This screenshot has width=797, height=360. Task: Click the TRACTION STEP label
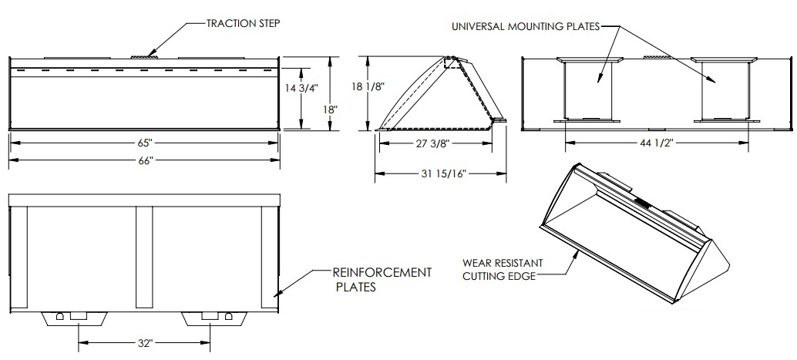click(x=242, y=23)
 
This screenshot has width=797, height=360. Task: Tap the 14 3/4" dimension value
click(x=301, y=88)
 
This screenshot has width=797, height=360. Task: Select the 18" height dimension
click(x=331, y=109)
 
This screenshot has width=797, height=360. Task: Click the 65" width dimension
click(x=144, y=144)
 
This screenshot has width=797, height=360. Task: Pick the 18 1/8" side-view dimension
click(x=368, y=88)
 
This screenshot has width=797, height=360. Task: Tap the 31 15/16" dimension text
click(x=442, y=175)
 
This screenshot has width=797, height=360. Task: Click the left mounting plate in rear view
click(x=587, y=89)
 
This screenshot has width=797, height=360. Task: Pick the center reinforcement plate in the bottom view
click(x=144, y=254)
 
